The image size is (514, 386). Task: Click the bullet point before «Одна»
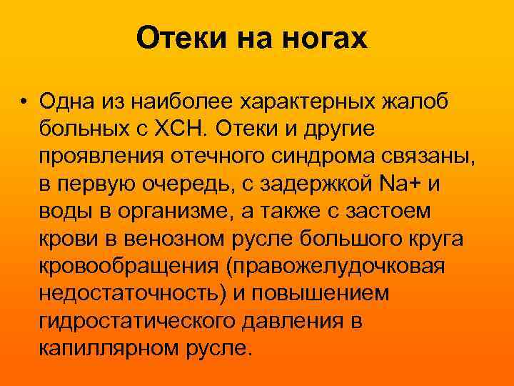tap(24, 101)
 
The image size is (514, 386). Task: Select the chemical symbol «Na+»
tap(403, 183)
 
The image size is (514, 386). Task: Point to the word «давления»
tap(303, 320)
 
